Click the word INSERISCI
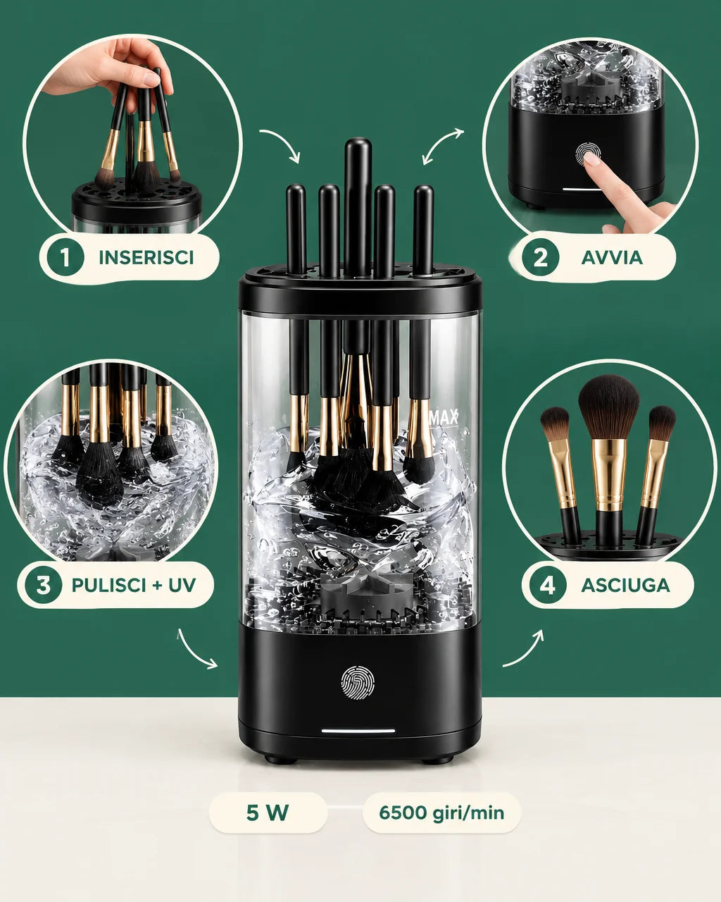pos(146,258)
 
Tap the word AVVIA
pos(612,258)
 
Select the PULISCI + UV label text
pos(134,585)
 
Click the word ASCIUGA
pos(625,586)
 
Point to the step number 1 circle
pos(65,257)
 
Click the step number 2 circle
pos(541,257)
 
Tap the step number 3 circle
pos(44,585)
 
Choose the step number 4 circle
pos(548,585)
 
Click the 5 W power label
pos(268,813)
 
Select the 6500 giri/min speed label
pos(441,813)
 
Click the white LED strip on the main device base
pos(358,731)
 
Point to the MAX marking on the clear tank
pos(444,417)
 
